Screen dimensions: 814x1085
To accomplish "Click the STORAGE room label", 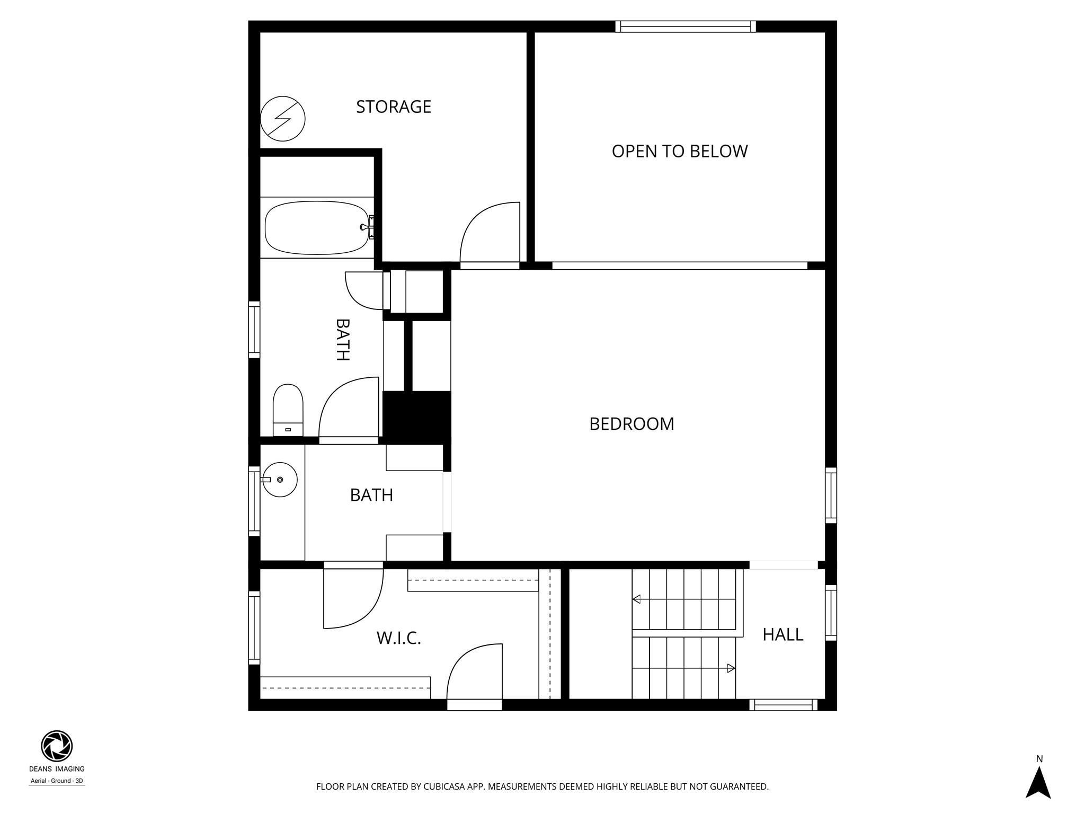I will (393, 107).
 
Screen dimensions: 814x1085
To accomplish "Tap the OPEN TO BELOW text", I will (679, 152).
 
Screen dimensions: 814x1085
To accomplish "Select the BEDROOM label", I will (632, 424).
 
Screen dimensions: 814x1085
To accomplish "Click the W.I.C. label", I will (398, 638).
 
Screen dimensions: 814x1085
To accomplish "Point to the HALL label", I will (782, 634).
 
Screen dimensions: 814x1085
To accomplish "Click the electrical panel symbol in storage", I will (283, 119).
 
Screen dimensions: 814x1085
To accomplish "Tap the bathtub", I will (316, 228).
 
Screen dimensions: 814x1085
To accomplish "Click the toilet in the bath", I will (288, 410).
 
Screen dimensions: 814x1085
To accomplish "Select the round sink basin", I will (280, 480).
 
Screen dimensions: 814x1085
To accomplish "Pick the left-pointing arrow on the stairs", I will (637, 599).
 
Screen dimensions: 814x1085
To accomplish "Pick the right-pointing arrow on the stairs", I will (731, 668).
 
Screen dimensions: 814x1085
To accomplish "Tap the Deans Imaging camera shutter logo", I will (57, 746).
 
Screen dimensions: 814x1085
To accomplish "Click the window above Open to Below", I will (686, 26).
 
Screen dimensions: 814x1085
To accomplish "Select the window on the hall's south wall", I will (783, 705).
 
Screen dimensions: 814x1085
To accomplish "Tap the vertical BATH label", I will (343, 340).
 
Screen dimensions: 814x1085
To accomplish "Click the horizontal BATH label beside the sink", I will (371, 495).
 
